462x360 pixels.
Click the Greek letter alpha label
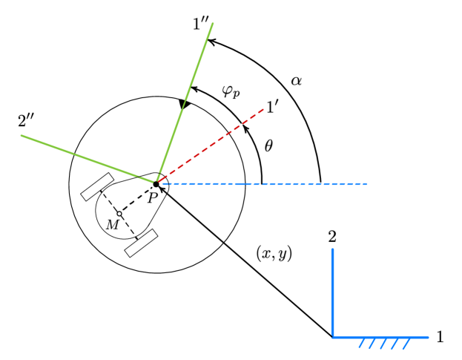point(296,80)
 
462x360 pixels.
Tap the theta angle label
point(268,146)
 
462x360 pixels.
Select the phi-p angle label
point(231,92)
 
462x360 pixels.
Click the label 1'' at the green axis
point(200,24)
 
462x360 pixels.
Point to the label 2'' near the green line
point(27,120)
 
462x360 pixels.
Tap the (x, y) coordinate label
point(274,253)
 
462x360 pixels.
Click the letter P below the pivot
point(152,197)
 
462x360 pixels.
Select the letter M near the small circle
point(112,224)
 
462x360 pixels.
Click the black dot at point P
point(156,183)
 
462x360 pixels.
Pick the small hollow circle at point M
point(119,214)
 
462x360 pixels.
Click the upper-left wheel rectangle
point(96,186)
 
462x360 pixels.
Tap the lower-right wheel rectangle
point(141,243)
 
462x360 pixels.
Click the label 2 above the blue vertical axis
point(332,238)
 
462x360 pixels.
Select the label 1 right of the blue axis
point(440,338)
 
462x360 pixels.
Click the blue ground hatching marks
point(385,343)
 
